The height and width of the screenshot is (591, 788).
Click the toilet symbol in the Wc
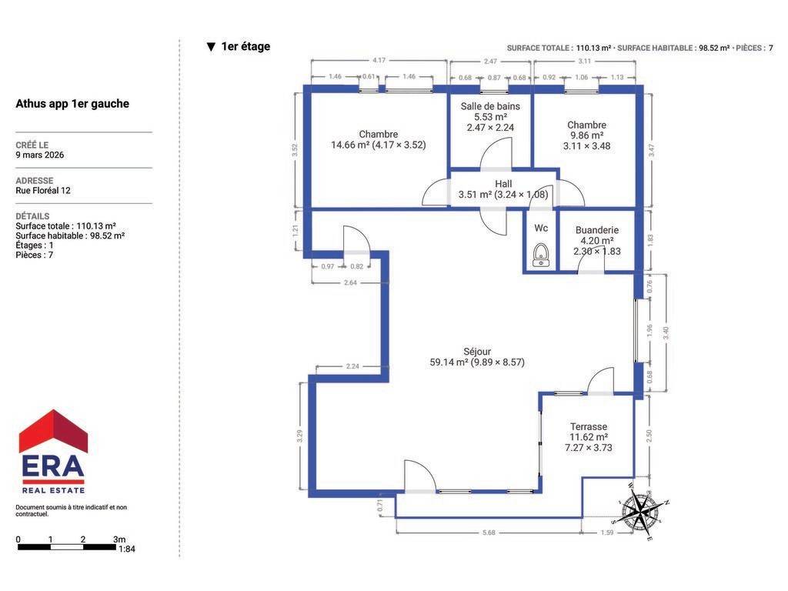click(541, 255)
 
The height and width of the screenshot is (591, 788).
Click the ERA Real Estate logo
click(53, 452)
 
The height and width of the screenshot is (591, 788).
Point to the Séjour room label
click(477, 352)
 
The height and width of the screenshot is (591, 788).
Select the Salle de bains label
click(490, 106)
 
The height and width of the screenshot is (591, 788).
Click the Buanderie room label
click(597, 229)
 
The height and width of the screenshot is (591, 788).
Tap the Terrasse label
click(589, 426)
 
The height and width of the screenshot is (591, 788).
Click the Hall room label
click(503, 184)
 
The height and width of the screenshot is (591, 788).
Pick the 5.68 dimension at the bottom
click(489, 533)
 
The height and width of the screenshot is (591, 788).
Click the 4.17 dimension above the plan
click(379, 60)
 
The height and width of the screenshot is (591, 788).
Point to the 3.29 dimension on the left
click(299, 436)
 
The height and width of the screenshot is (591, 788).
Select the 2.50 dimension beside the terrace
click(649, 436)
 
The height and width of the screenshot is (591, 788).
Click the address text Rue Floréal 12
click(43, 191)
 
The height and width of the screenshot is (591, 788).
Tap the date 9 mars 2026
click(40, 155)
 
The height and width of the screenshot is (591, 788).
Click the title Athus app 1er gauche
click(72, 104)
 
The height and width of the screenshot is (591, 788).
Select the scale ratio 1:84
click(127, 549)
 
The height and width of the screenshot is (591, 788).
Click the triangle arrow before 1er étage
click(211, 47)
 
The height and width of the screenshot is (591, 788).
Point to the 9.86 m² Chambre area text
click(586, 135)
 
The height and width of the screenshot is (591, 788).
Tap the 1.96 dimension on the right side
click(649, 330)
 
